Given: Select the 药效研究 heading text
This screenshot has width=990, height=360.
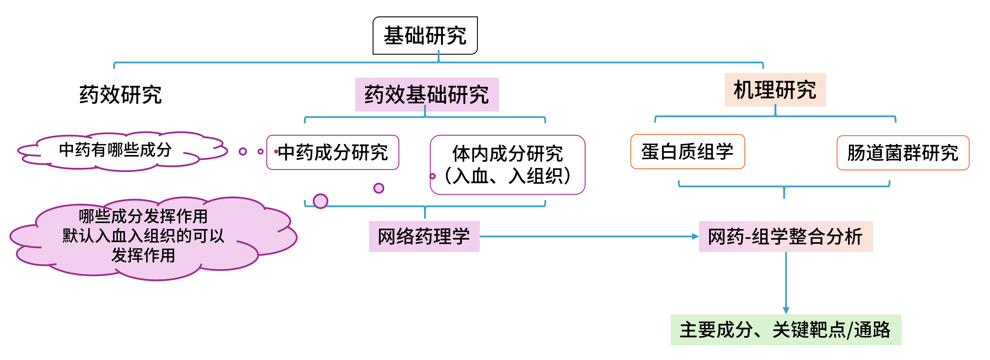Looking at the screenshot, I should [120, 95].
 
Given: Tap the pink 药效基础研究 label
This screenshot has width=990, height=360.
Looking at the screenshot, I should [427, 95].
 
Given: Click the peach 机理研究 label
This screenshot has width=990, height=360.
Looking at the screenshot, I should [775, 90].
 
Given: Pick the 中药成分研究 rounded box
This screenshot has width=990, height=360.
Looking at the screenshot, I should [333, 152].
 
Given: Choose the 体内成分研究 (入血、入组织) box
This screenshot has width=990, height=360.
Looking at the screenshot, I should [507, 164].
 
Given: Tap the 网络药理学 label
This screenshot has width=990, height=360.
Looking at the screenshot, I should [424, 236].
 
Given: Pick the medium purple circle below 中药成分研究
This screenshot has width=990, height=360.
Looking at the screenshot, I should [379, 188].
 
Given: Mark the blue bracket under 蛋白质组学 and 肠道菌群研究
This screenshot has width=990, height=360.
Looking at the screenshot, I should [784, 186].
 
